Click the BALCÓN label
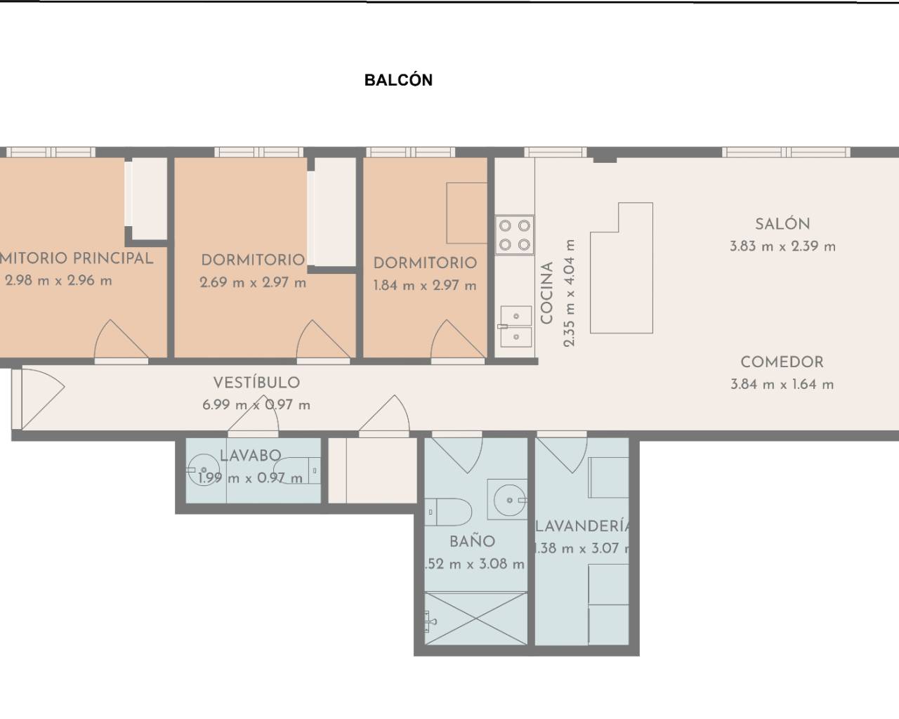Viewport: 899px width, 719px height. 398,80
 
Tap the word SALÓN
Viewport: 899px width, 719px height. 782,225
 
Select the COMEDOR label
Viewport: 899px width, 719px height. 782,362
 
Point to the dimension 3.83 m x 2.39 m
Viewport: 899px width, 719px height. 782,246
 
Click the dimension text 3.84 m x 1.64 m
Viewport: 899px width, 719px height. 782,385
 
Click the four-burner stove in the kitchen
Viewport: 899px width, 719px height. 515,235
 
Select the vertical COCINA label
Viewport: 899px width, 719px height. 548,293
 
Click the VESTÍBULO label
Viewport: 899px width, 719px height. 256,383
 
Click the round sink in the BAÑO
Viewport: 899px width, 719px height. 509,500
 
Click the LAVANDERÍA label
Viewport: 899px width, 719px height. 582,526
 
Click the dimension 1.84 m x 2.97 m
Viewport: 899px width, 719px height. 424,286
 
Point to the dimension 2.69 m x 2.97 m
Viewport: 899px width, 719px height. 253,283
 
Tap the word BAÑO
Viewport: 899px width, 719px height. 472,541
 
